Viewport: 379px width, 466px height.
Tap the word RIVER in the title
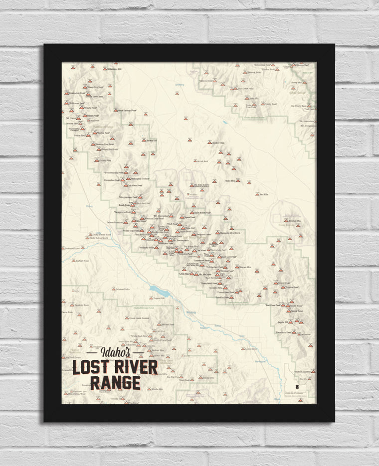coord(135,367)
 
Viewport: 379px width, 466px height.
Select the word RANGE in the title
coord(115,383)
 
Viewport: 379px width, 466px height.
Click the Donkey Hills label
coord(219,143)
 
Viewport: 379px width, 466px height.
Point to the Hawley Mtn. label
coord(295,220)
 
